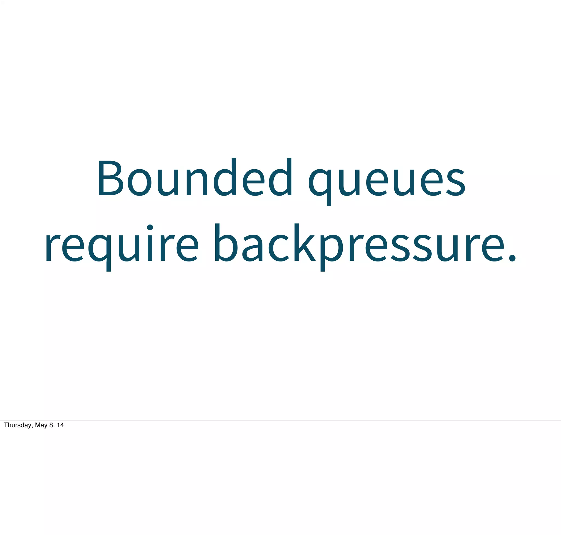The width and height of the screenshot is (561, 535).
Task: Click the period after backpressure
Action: [x=513, y=258]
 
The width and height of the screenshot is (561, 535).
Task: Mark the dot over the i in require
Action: [x=150, y=228]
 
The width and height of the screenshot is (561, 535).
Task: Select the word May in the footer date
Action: [x=41, y=425]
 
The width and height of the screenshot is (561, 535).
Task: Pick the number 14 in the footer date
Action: [x=60, y=425]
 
